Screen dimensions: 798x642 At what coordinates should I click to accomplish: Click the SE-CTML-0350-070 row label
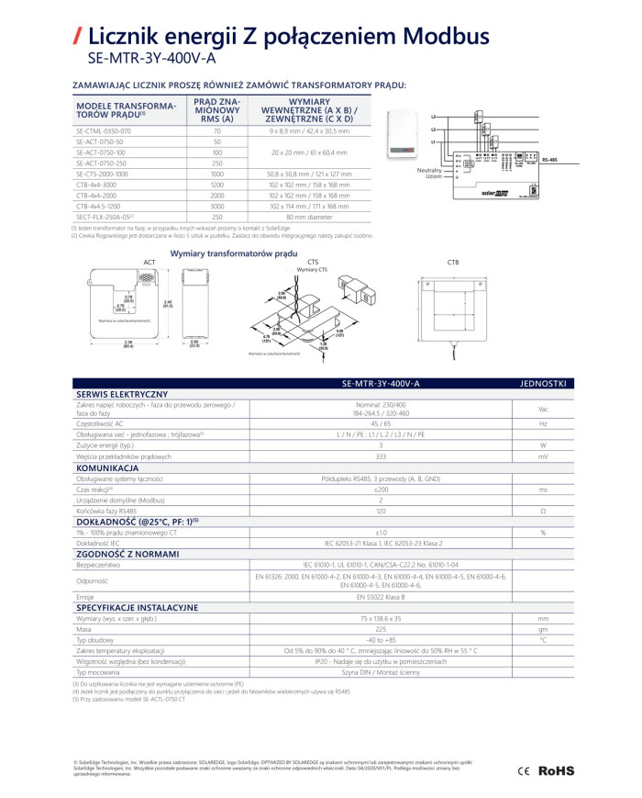(104, 131)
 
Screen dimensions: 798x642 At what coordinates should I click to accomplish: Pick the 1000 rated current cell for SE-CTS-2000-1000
(217, 174)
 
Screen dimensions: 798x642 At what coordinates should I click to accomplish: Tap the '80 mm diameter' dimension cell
(308, 217)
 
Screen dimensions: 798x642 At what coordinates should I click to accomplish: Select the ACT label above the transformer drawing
(149, 263)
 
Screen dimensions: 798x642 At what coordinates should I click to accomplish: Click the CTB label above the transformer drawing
(453, 263)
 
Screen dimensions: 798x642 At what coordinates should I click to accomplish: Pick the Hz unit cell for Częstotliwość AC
(543, 424)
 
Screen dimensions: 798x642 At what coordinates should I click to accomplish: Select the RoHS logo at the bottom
(555, 768)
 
